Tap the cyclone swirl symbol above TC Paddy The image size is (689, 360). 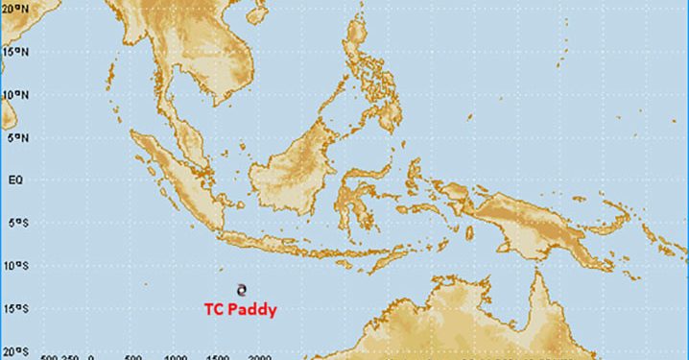coord(242,287)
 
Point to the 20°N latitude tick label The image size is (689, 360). coord(12,8)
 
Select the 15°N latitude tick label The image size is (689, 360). coord(12,51)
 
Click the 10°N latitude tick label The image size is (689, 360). coord(12,94)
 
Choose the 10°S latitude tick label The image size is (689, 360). coord(12,266)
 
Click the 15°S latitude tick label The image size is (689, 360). coord(12,309)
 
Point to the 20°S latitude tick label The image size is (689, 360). coord(12,351)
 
